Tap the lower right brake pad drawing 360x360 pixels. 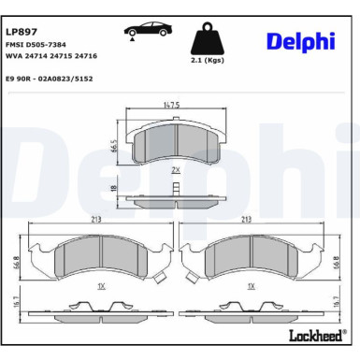250,260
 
